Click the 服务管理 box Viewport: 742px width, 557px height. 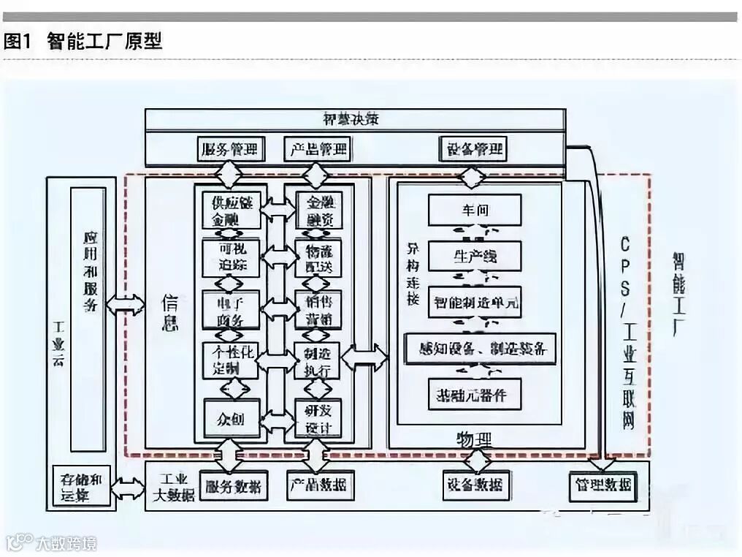pyautogui.click(x=231, y=150)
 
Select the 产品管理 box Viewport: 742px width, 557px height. pyautogui.click(x=317, y=150)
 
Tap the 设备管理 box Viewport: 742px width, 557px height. pyautogui.click(x=473, y=150)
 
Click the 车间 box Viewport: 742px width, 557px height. pyautogui.click(x=475, y=210)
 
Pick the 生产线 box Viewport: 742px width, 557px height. pyautogui.click(x=475, y=256)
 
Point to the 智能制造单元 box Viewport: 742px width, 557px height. pyautogui.click(x=475, y=301)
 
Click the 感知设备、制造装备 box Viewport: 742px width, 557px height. pyautogui.click(x=479, y=347)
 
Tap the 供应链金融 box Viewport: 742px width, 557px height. pyautogui.click(x=231, y=211)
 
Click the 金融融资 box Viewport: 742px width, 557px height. pyautogui.click(x=318, y=211)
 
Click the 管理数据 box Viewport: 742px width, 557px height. pyautogui.click(x=603, y=485)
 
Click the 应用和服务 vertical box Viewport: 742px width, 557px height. pyautogui.click(x=88, y=319)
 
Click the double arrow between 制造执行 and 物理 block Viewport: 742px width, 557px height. pyautogui.click(x=365, y=357)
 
